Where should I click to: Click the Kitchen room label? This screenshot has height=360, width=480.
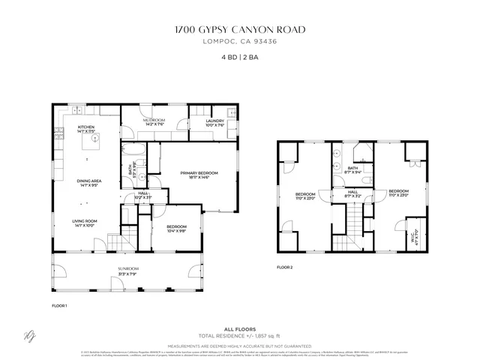[x=87, y=127]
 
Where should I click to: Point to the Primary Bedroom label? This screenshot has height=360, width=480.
[x=199, y=175]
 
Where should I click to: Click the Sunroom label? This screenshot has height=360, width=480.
[x=127, y=269]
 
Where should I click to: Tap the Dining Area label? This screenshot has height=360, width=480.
[x=87, y=181]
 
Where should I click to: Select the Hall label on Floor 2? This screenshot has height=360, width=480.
[x=352, y=194]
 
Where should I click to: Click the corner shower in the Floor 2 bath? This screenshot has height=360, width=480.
[x=363, y=156]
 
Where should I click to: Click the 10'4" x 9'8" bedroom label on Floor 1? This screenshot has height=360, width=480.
[x=177, y=229]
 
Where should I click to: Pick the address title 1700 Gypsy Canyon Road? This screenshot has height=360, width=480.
[x=239, y=30]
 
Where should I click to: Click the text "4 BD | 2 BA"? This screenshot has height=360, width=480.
[x=239, y=57]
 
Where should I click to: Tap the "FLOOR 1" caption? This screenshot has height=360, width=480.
[x=59, y=306]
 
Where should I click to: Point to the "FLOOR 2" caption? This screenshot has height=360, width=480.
[x=284, y=267]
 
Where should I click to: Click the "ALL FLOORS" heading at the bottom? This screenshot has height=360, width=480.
[x=239, y=329]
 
